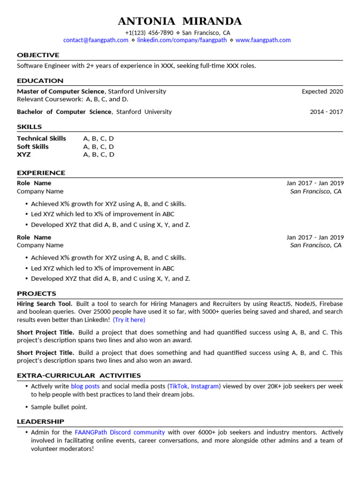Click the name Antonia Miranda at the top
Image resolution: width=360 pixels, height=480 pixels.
tap(180, 21)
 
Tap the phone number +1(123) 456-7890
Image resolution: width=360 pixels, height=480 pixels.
tap(149, 33)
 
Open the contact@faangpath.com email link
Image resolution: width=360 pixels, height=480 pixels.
tap(96, 40)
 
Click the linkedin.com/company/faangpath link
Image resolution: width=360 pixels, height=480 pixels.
tap(182, 40)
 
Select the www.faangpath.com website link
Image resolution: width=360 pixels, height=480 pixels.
tap(263, 40)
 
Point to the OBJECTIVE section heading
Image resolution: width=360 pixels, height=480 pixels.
tap(38, 55)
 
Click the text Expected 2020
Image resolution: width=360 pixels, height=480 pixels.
tap(322, 91)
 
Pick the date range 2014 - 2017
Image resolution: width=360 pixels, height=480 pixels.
tap(326, 112)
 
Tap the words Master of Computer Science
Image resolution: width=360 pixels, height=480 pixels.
tap(61, 91)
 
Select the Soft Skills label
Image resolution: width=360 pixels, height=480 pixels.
tap(33, 147)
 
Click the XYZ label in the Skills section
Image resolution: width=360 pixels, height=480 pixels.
tap(24, 155)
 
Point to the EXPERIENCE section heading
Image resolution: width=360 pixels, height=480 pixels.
tap(41, 173)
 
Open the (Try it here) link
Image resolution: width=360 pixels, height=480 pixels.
tap(129, 320)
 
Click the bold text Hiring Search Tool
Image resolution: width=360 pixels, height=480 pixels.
tap(45, 304)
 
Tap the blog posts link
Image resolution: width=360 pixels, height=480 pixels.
tap(85, 387)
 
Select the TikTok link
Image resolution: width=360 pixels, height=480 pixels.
tap(178, 387)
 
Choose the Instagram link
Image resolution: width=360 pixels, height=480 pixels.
tap(205, 387)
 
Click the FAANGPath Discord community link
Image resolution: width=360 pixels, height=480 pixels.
tap(120, 433)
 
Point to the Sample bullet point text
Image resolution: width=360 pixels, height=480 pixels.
tap(59, 407)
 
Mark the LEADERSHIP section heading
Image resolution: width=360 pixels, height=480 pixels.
tap(40, 421)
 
